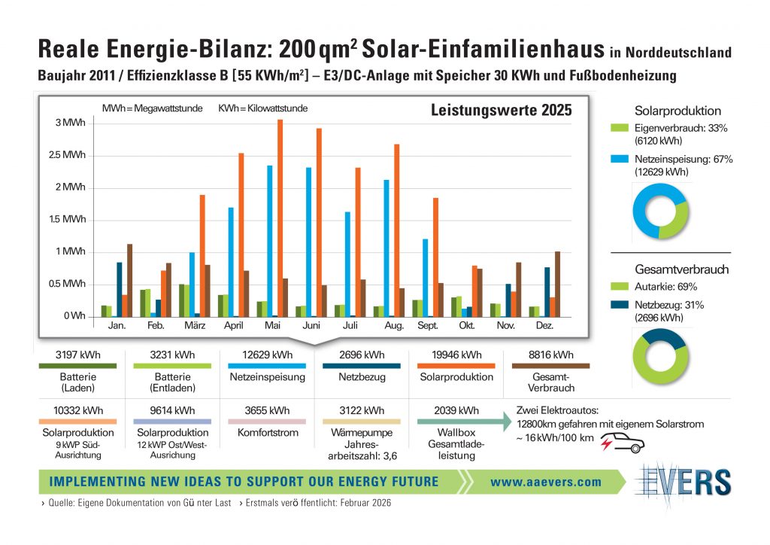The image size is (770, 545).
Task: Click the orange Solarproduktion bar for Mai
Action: coord(280,218)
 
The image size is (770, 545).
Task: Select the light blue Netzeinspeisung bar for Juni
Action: coord(309,241)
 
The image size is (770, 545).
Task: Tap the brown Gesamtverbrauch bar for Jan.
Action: coord(129,280)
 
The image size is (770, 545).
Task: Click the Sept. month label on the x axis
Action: coord(426,326)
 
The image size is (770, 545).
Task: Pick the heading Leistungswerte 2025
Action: coord(501,111)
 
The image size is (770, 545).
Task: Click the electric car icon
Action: coord(620,444)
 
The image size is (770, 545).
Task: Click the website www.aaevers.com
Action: coord(545,482)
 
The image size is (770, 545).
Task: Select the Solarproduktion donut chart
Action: coord(659,210)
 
